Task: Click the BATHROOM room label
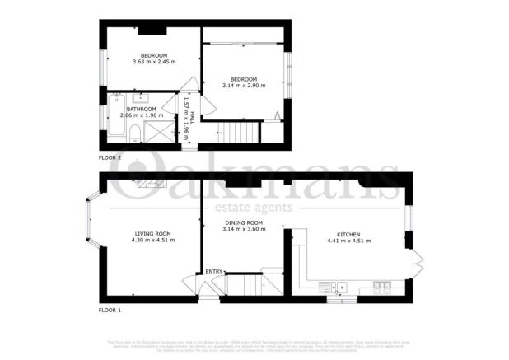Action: [139, 108]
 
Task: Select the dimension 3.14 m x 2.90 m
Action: [244, 85]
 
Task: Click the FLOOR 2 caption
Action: [110, 157]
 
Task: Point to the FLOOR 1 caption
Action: [110, 310]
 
